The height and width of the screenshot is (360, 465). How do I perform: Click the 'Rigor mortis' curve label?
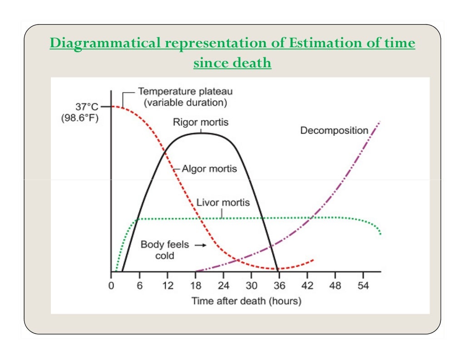coord(200,122)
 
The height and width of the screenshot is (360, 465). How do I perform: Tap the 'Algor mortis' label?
coord(209,169)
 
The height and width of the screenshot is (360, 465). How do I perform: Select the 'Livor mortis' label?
coord(223,202)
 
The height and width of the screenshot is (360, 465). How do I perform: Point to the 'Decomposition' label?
coord(334,130)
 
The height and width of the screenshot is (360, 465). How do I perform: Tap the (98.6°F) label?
coord(79,119)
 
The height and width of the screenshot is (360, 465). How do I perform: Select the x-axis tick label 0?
coord(111,287)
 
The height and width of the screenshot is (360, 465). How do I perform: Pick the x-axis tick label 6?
coord(139,287)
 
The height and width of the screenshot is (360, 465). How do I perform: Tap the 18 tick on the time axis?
coord(195,287)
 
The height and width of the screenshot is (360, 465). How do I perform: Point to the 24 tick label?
coord(223,287)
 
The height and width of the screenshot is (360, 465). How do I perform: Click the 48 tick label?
coord(335,287)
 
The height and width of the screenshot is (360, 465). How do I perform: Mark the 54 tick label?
coord(363,287)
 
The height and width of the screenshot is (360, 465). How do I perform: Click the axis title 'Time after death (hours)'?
coord(246,300)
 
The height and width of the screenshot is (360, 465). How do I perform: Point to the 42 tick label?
coord(307,287)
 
